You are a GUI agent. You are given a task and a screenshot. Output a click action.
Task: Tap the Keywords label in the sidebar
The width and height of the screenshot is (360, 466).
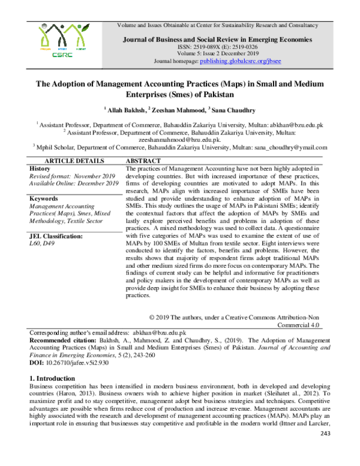(44, 198)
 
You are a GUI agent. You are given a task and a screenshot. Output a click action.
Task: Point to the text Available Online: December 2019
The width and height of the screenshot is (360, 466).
(74, 184)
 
